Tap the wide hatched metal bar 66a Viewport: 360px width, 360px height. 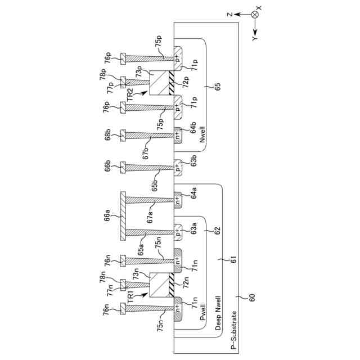point(123,215)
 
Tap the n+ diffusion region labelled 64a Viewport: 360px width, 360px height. point(178,200)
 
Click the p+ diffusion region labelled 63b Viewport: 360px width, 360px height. point(178,167)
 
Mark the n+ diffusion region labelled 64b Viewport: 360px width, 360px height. point(178,134)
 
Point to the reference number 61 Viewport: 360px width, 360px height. point(228,260)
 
